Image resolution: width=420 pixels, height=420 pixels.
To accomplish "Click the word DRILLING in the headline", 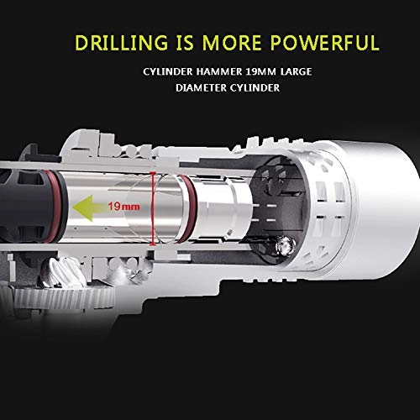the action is pyautogui.click(x=121, y=43).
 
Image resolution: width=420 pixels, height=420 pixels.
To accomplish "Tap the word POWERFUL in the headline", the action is pyautogui.click(x=325, y=43).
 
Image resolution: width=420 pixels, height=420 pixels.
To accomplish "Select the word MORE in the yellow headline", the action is pyautogui.click(x=232, y=43).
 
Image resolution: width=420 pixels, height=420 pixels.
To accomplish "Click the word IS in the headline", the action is pyautogui.click(x=185, y=43).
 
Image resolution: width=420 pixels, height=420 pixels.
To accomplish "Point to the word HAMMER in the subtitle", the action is pyautogui.click(x=219, y=71).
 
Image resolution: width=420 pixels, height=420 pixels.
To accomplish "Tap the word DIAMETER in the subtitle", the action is pyautogui.click(x=201, y=88).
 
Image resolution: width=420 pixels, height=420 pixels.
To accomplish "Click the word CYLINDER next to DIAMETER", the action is pyautogui.click(x=255, y=88).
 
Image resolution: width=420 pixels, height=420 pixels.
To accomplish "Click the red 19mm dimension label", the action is pyautogui.click(x=124, y=207).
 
